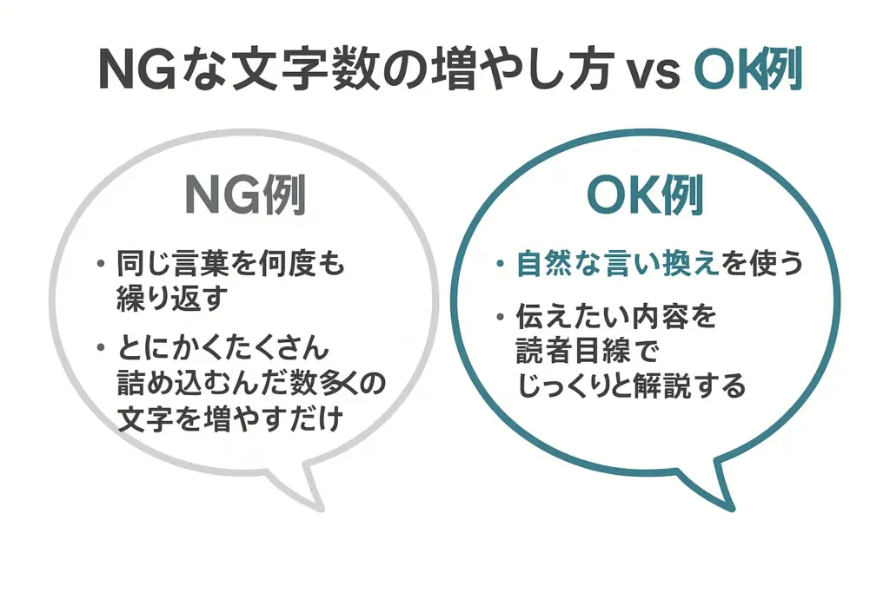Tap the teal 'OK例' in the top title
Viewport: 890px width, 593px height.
tap(748, 69)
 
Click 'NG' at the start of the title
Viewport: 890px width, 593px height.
tap(136, 69)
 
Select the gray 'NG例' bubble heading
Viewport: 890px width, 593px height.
tap(245, 195)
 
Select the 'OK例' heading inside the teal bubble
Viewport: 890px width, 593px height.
tap(646, 195)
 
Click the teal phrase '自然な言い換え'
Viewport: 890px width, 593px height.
tap(618, 264)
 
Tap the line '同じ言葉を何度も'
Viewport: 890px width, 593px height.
tap(230, 264)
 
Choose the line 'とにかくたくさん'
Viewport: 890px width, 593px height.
tap(223, 347)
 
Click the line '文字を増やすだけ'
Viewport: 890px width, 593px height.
tap(229, 418)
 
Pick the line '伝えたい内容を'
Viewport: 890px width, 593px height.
tap(616, 317)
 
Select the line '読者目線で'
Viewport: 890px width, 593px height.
tap(588, 352)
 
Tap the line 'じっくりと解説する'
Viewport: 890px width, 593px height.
tap(631, 386)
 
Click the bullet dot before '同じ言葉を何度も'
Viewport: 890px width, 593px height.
tap(102, 264)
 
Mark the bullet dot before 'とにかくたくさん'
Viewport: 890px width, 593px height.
tap(102, 347)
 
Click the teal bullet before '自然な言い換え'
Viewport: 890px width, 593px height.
tap(500, 264)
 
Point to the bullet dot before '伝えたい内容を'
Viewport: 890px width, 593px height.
tap(500, 317)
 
